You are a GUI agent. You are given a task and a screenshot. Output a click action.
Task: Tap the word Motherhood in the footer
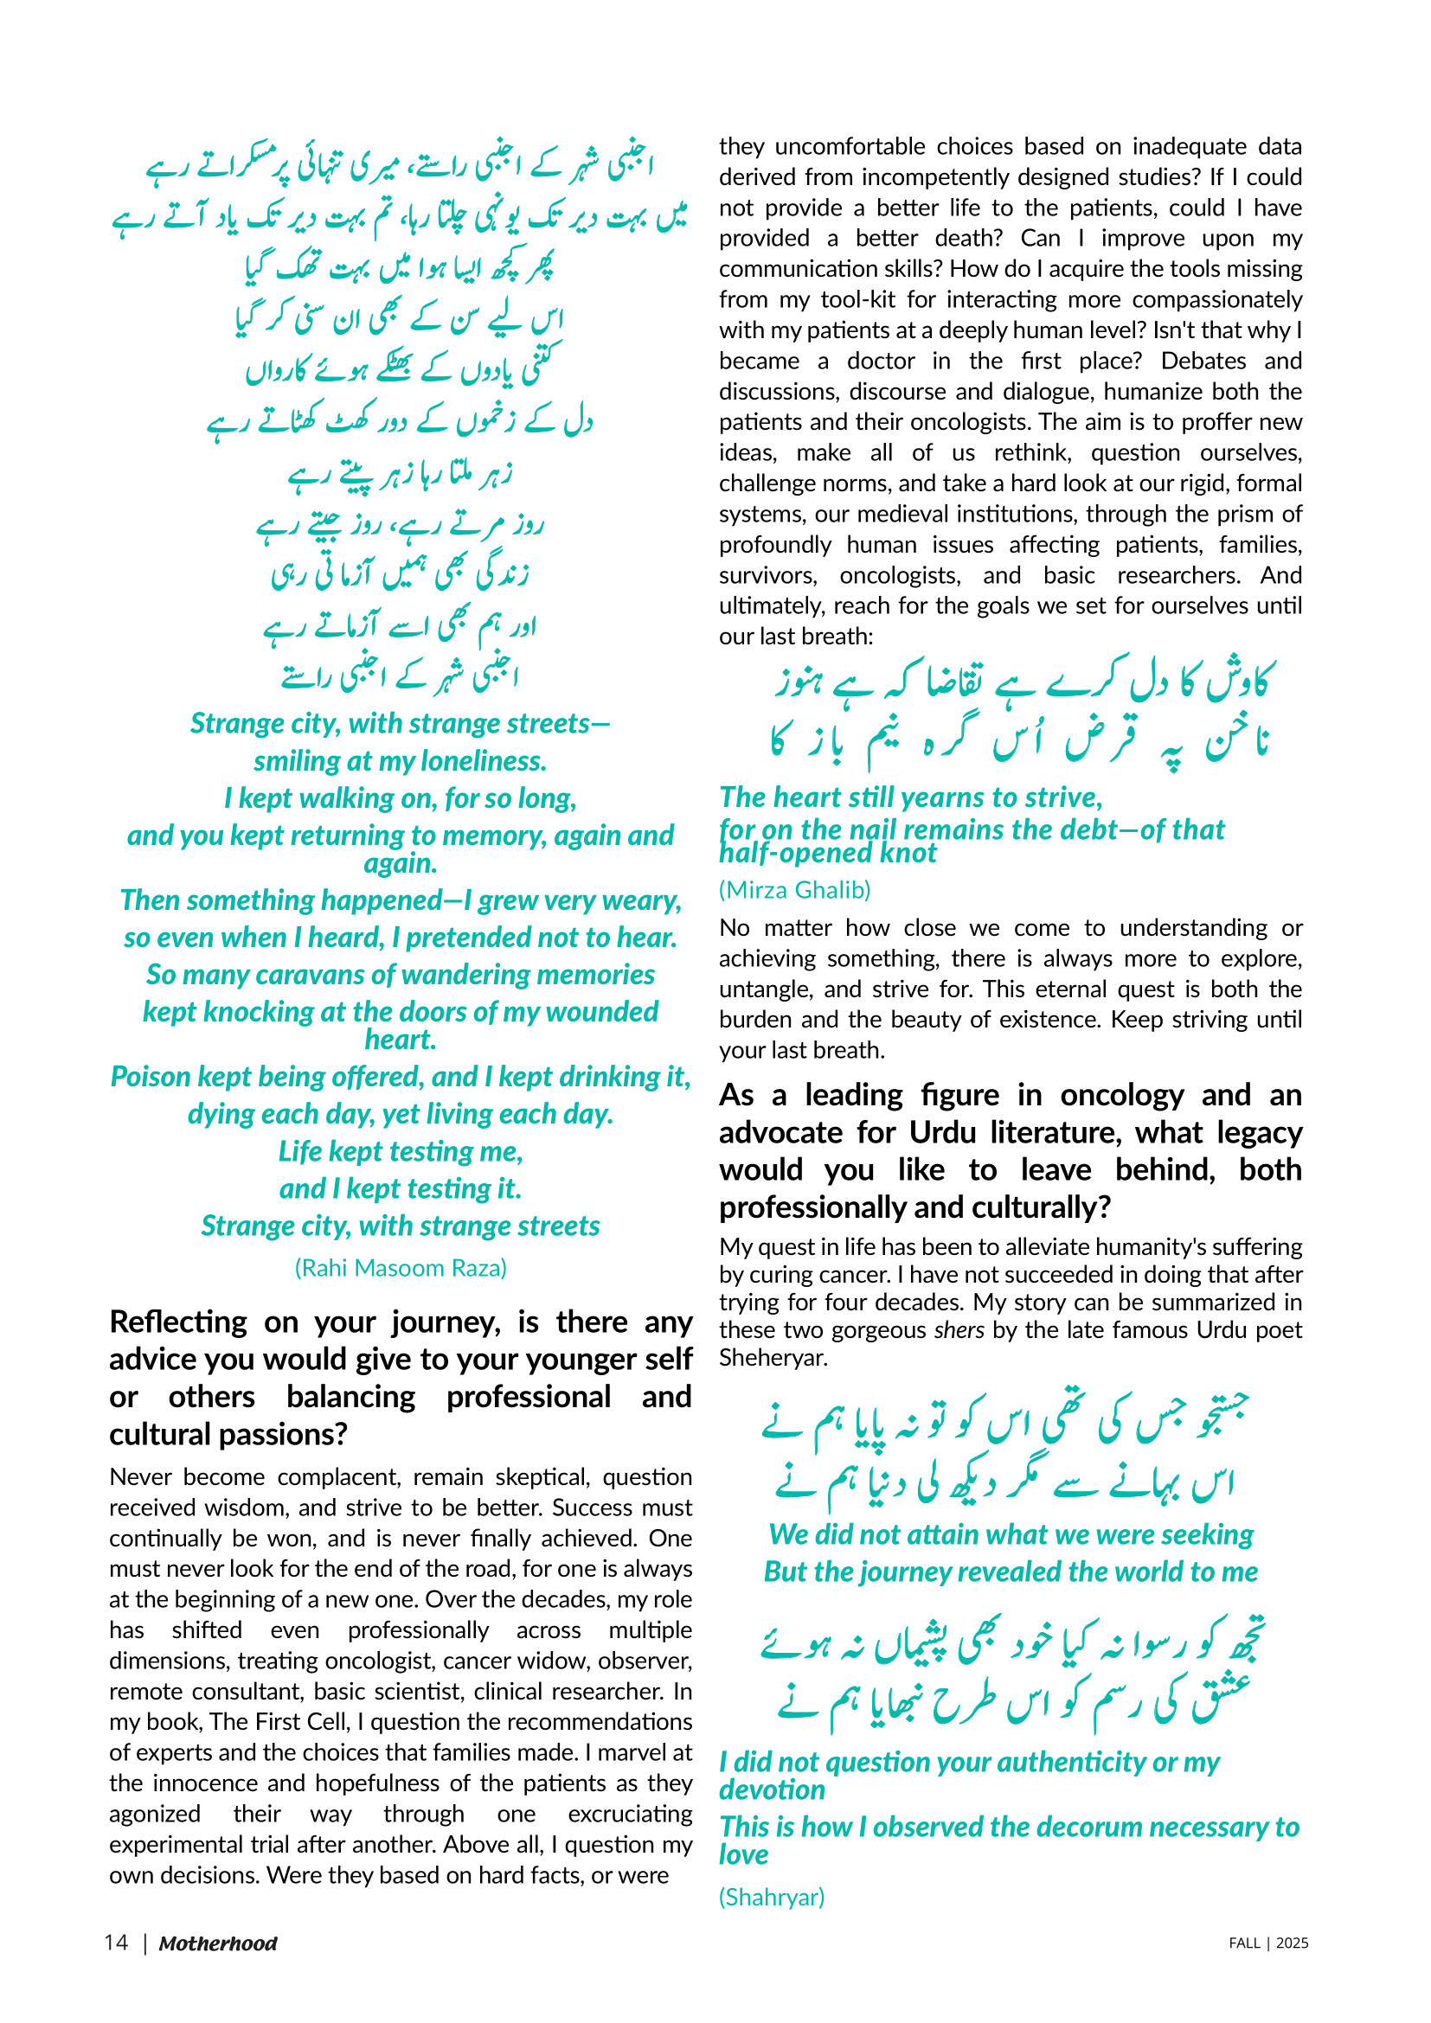[218, 1943]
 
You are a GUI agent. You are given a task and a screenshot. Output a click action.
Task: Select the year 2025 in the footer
[1292, 1943]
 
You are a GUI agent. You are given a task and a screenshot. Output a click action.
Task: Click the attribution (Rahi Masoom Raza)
[400, 1267]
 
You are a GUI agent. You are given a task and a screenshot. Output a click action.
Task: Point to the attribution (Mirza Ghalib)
[794, 890]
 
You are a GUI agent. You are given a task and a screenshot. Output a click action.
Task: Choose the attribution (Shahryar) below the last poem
[771, 1896]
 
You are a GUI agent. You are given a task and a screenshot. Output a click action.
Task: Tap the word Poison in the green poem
[151, 1077]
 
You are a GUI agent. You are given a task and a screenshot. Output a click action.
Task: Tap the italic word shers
[959, 1329]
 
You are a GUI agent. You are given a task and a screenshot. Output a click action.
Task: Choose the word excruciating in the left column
[629, 1815]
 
